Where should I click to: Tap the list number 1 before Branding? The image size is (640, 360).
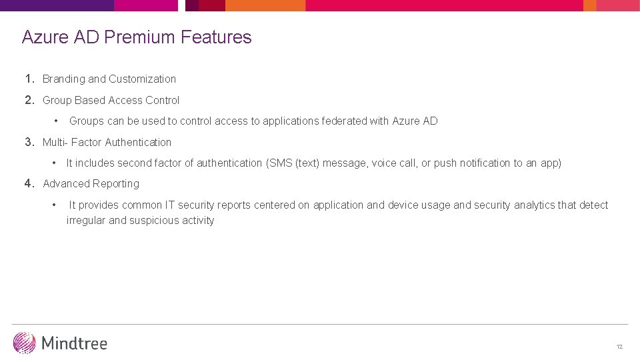(x=29, y=79)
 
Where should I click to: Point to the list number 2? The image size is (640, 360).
(x=29, y=100)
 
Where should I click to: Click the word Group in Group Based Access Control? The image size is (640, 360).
(x=57, y=101)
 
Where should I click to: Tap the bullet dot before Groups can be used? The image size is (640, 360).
(x=57, y=121)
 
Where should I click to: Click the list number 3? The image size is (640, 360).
(x=29, y=142)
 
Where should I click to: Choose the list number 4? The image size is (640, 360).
(x=29, y=183)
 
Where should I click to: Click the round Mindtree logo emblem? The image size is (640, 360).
(x=24, y=343)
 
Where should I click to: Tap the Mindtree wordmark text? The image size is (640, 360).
(x=74, y=343)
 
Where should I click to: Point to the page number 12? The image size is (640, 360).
(x=619, y=347)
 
